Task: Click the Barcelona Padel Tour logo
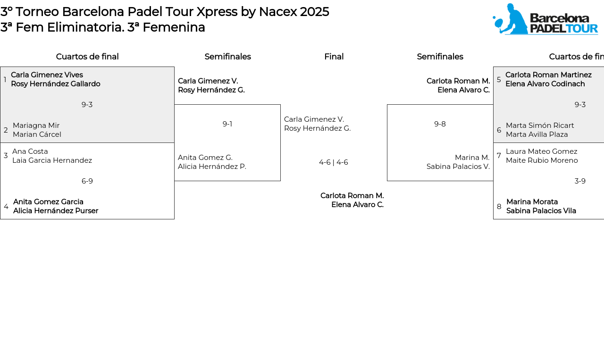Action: [545, 19]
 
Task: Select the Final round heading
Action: [334, 57]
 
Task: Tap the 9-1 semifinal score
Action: [227, 124]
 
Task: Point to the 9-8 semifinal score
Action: [440, 124]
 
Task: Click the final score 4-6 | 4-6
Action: [334, 162]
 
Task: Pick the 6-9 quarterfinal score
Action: [87, 181]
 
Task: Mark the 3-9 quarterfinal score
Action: [580, 181]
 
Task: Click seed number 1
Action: [5, 79]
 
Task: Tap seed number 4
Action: [6, 206]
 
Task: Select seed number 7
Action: [499, 156]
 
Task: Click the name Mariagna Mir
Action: [36, 126]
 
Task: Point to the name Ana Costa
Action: [30, 151]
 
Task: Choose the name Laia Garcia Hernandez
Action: [52, 160]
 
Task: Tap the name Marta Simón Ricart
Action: [540, 126]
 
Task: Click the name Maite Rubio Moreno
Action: [542, 160]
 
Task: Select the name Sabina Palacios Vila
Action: [541, 210]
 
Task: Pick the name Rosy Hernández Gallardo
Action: [56, 84]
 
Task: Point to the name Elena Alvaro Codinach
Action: [545, 84]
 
